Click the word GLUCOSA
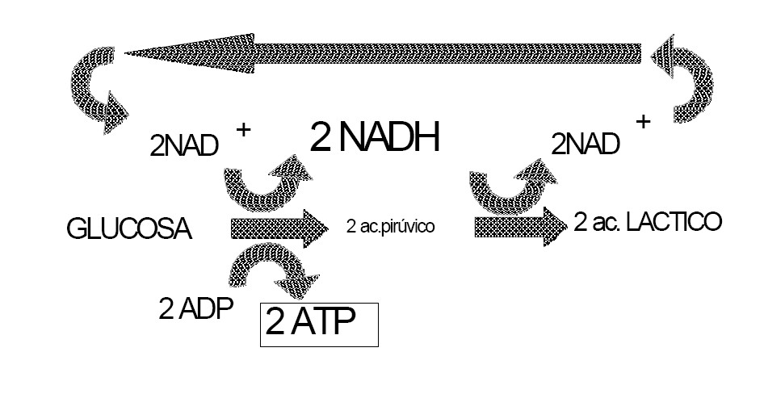tap(129, 231)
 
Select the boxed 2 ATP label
tap(319, 325)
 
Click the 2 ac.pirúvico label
tap(389, 227)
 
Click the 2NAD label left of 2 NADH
tap(183, 145)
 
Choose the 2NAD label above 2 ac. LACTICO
tap(586, 143)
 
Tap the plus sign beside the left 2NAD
tap(241, 129)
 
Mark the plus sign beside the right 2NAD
tap(643, 122)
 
